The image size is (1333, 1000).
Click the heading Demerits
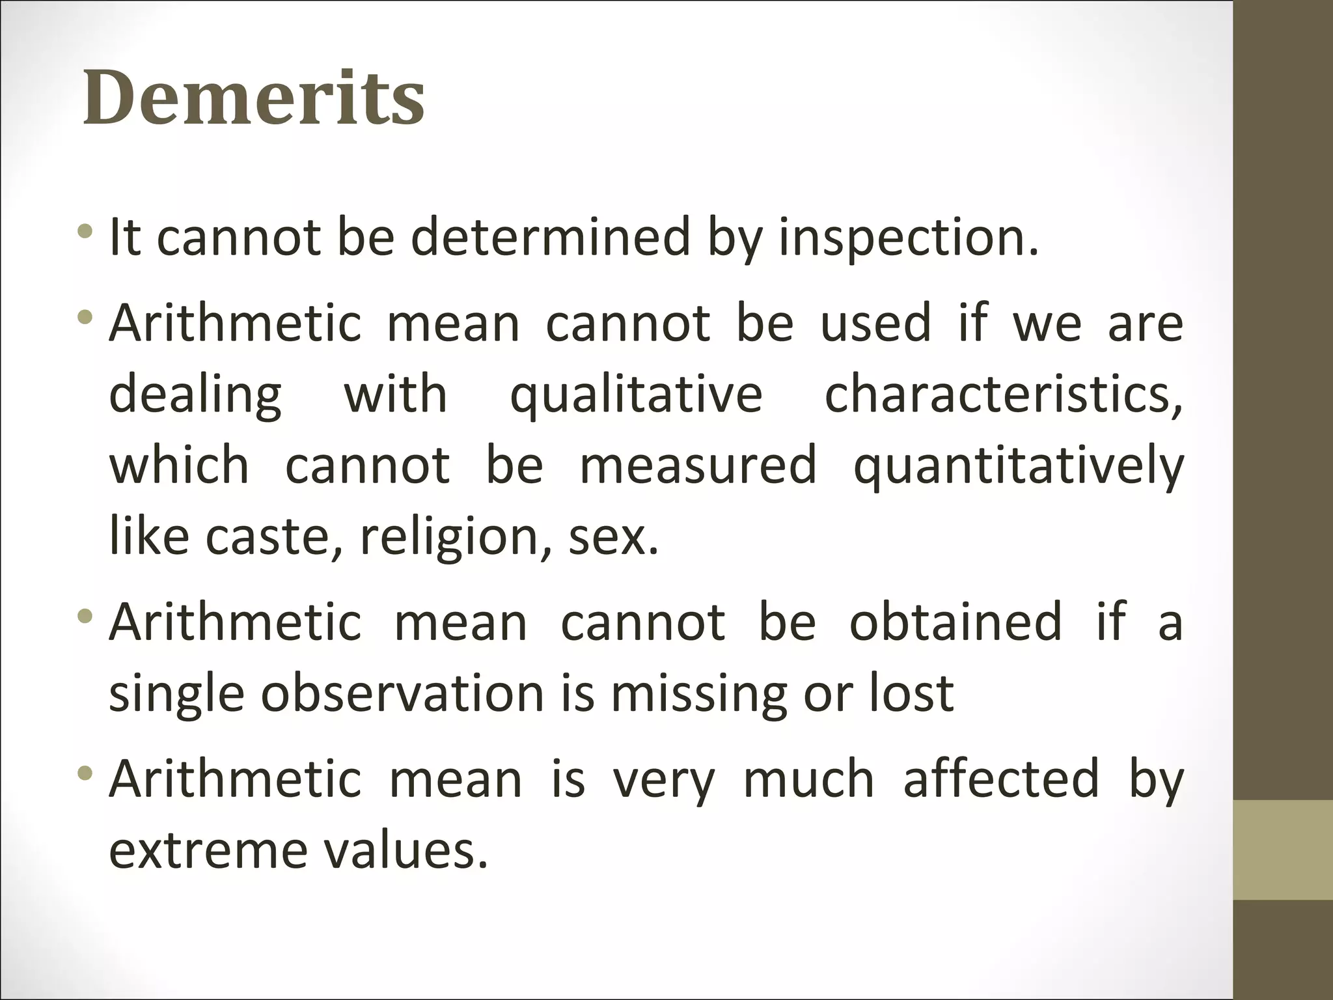(x=254, y=98)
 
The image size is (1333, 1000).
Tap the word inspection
(x=908, y=237)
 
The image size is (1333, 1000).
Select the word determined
(x=550, y=237)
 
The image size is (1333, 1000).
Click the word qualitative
(x=636, y=395)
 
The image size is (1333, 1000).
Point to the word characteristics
(x=1003, y=395)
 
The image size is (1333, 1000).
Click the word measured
(x=698, y=465)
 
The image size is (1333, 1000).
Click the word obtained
(x=955, y=622)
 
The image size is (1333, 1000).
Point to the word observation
(x=402, y=693)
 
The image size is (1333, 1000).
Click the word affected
(x=1001, y=779)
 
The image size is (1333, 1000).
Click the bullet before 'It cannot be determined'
(x=84, y=231)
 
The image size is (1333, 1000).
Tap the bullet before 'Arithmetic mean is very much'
(x=84, y=773)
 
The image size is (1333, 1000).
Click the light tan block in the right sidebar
(x=1283, y=850)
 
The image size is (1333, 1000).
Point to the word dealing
(x=195, y=395)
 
